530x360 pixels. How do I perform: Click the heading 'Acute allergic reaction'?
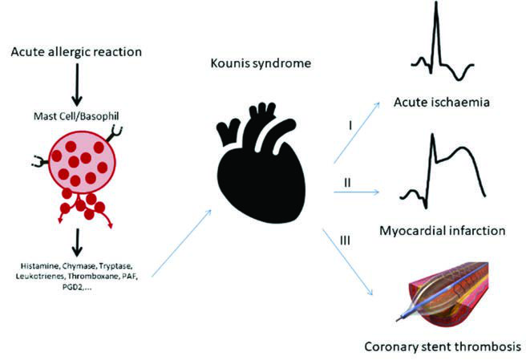pyautogui.click(x=76, y=52)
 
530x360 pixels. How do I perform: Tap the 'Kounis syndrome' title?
pyautogui.click(x=261, y=63)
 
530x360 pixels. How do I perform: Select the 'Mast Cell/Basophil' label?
pyautogui.click(x=76, y=116)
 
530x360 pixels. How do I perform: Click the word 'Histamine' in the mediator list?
pyautogui.click(x=39, y=266)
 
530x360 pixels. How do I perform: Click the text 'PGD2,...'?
pyautogui.click(x=77, y=288)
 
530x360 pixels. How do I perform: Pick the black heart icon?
pyautogui.click(x=261, y=163)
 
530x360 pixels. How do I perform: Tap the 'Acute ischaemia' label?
pyautogui.click(x=442, y=102)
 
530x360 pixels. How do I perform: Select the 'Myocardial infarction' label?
pyautogui.click(x=443, y=231)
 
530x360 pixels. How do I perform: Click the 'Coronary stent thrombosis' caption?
pyautogui.click(x=443, y=347)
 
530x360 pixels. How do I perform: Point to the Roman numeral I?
pyautogui.click(x=350, y=126)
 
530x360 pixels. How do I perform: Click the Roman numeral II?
pyautogui.click(x=347, y=183)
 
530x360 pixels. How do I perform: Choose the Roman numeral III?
pyautogui.click(x=345, y=241)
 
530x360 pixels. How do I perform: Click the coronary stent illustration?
pyautogui.click(x=443, y=293)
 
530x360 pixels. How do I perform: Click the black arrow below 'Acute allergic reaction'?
pyautogui.click(x=77, y=84)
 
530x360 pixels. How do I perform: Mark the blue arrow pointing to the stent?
pyautogui.click(x=348, y=262)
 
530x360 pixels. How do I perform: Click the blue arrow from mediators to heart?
pyautogui.click(x=181, y=243)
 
